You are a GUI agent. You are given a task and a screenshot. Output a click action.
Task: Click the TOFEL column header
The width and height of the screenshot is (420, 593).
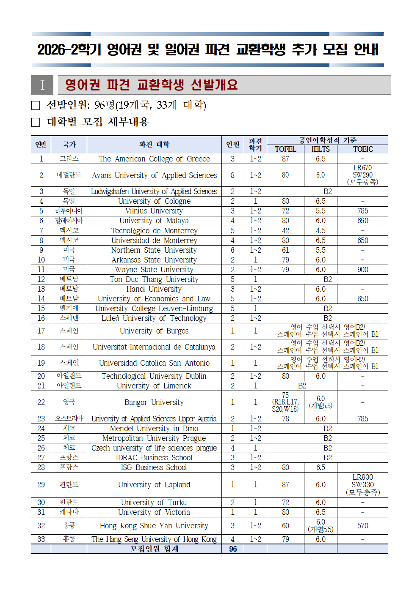pyautogui.click(x=285, y=149)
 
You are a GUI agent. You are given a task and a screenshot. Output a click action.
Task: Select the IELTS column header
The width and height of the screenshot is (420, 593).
pyautogui.click(x=321, y=149)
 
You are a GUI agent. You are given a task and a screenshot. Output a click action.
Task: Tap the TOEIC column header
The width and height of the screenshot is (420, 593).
pyautogui.click(x=363, y=149)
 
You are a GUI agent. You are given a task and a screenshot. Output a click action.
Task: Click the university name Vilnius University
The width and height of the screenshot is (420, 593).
pyautogui.click(x=154, y=211)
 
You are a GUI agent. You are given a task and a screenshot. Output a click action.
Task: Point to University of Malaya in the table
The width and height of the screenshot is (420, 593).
pyautogui.click(x=154, y=221)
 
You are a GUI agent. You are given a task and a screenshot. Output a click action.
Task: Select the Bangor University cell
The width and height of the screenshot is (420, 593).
pyautogui.click(x=154, y=402)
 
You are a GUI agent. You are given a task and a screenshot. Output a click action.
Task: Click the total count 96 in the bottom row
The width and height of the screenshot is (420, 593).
pyautogui.click(x=233, y=549)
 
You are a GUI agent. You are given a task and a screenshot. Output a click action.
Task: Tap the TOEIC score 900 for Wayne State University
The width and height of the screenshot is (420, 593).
pyautogui.click(x=363, y=270)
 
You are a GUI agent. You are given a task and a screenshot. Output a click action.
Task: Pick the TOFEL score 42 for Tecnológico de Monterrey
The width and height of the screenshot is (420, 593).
pyautogui.click(x=285, y=231)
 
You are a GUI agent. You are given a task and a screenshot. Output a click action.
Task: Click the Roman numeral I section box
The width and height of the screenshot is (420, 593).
pyautogui.click(x=42, y=85)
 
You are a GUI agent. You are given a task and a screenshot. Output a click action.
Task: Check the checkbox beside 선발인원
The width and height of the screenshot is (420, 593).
pyautogui.click(x=36, y=105)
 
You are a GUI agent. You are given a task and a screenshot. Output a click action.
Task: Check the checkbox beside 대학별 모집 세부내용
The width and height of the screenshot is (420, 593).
pyautogui.click(x=36, y=123)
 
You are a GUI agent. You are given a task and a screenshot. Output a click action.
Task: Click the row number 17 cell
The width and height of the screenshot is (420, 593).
pyautogui.click(x=41, y=331)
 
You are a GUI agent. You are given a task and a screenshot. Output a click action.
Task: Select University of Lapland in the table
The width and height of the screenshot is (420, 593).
pyautogui.click(x=154, y=485)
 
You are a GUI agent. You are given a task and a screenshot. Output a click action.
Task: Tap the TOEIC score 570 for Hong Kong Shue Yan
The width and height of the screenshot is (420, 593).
pyautogui.click(x=363, y=526)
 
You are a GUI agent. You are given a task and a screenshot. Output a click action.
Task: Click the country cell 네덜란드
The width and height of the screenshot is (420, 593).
pyautogui.click(x=69, y=175)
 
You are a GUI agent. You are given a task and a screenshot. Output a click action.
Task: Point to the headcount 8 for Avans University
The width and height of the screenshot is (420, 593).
pyautogui.click(x=233, y=175)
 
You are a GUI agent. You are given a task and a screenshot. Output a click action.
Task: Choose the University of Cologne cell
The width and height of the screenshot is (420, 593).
pyautogui.click(x=154, y=201)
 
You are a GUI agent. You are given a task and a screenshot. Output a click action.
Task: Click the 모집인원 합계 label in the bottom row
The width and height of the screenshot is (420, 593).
pyautogui.click(x=154, y=549)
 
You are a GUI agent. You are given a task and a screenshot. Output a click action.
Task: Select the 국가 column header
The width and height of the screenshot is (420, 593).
pyautogui.click(x=69, y=145)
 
